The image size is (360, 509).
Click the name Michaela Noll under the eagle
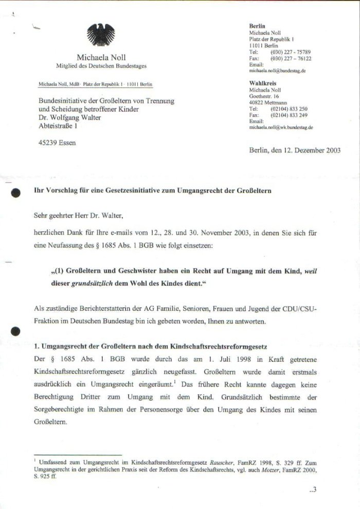point(101,58)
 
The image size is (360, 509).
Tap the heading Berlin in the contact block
point(257,26)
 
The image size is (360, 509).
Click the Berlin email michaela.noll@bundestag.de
point(278,71)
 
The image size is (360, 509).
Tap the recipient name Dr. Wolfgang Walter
point(69,117)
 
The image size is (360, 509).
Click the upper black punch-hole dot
point(16,192)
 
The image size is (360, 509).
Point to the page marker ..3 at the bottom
point(313,489)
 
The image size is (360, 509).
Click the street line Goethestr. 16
point(264,96)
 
